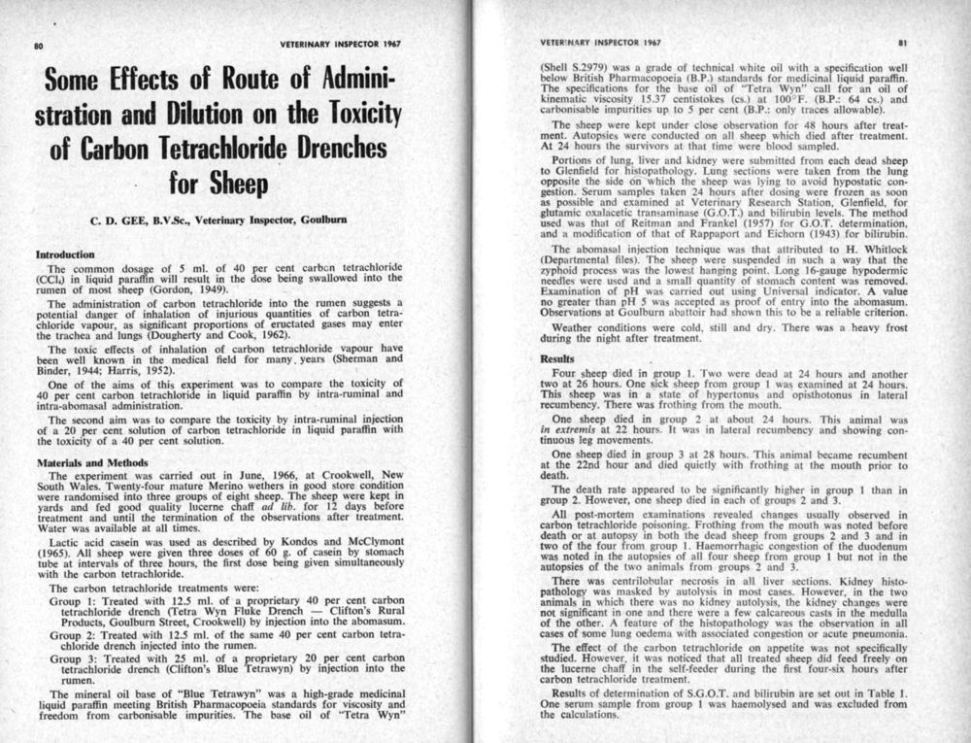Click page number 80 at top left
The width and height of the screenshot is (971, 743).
tap(39, 46)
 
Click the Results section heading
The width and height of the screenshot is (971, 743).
tap(558, 359)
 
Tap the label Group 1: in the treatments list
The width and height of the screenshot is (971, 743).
tap(72, 601)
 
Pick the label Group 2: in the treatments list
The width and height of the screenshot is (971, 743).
tap(72, 635)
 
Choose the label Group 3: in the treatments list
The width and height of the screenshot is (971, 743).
tap(72, 659)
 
